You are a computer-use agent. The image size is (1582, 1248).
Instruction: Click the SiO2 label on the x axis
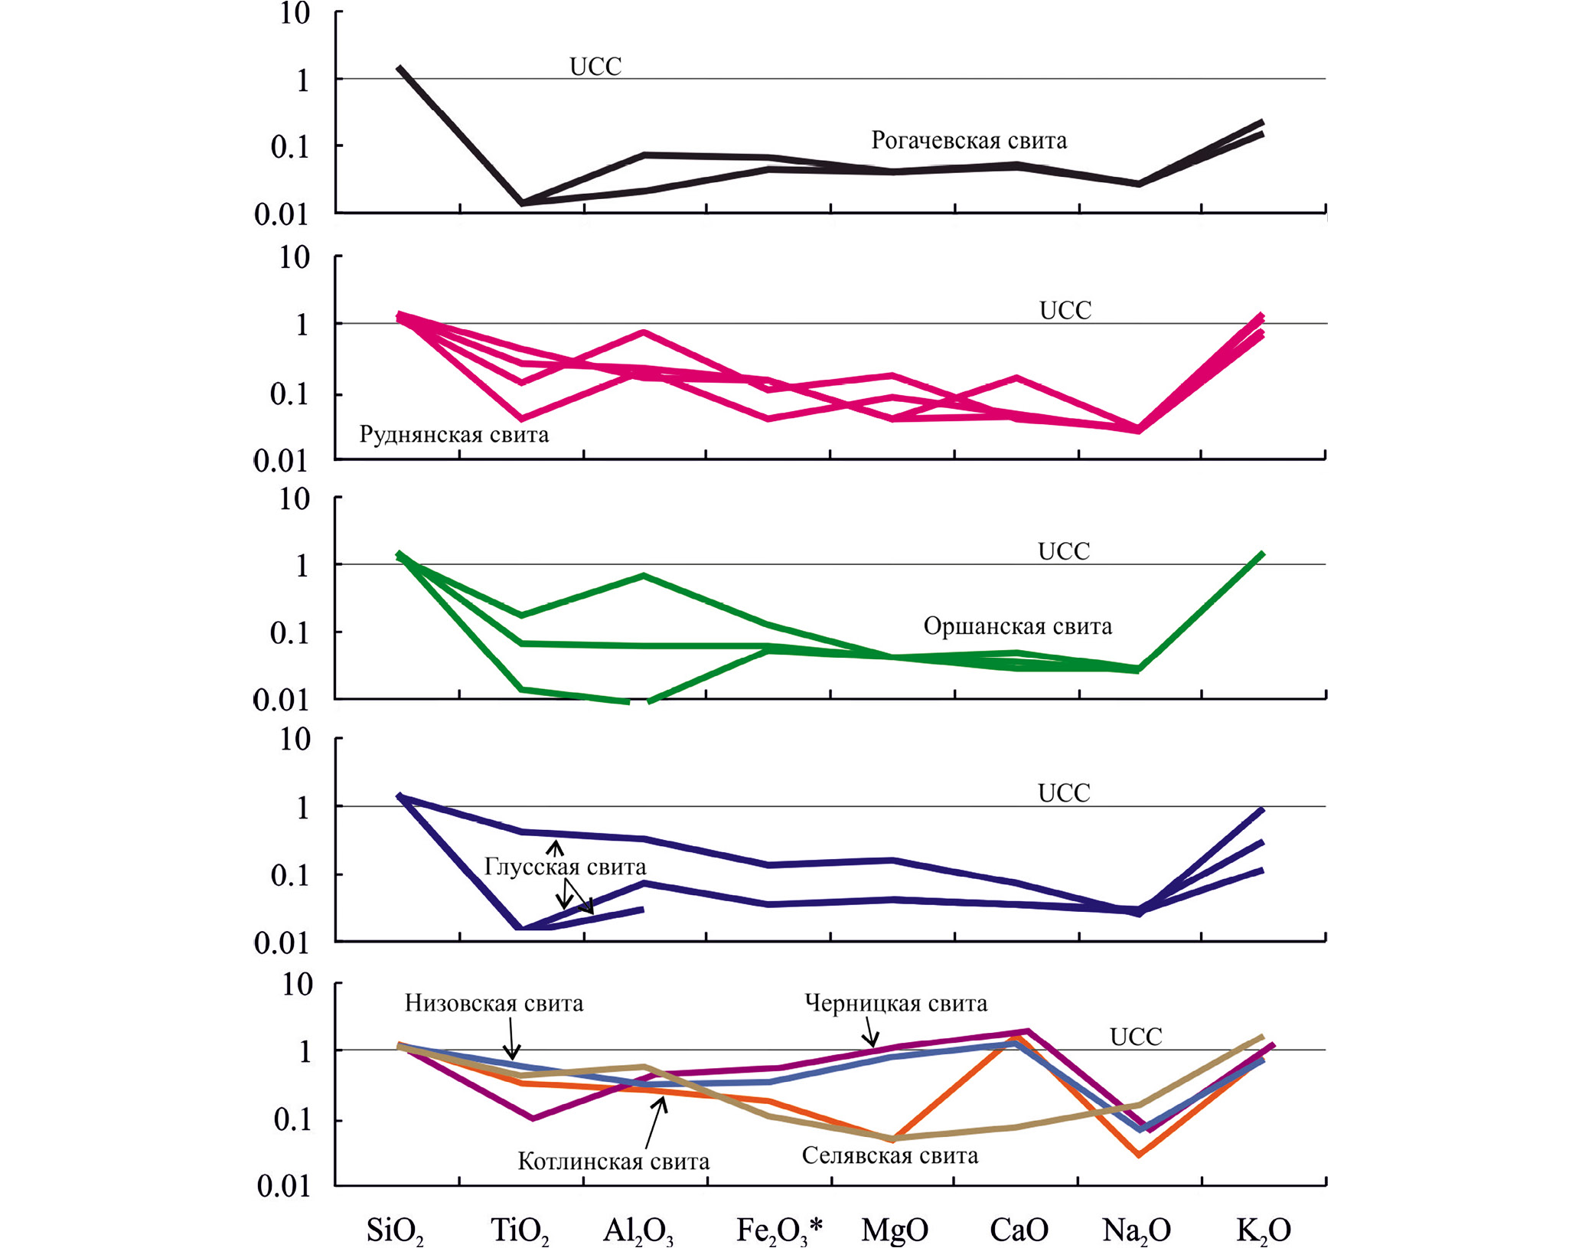[395, 1230]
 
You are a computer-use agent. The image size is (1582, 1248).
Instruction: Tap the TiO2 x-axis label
[520, 1230]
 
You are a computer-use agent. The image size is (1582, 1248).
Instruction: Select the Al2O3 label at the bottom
[638, 1230]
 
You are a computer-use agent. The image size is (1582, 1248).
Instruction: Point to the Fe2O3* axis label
[779, 1230]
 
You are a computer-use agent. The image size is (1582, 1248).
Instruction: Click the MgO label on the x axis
[895, 1230]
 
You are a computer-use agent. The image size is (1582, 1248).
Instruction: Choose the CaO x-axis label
[1019, 1230]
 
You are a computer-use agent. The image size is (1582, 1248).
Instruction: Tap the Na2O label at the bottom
[1137, 1230]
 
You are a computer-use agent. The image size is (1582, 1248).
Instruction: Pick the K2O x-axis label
[1264, 1230]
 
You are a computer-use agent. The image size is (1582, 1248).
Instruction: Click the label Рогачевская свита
[969, 140]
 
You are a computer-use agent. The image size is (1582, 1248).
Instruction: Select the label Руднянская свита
[454, 435]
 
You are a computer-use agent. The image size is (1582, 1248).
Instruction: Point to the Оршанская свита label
[1017, 626]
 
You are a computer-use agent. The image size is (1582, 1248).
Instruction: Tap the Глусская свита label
[565, 867]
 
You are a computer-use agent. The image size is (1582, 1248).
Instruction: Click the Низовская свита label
[494, 1003]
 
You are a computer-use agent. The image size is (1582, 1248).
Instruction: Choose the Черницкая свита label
[895, 1003]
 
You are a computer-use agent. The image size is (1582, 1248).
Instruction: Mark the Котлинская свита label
[613, 1161]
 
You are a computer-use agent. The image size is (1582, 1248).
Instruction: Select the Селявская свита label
[889, 1155]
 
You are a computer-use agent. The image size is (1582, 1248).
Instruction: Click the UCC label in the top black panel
[595, 67]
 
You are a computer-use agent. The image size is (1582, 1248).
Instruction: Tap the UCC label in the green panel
[1063, 551]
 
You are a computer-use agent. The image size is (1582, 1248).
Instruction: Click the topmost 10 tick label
[295, 14]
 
